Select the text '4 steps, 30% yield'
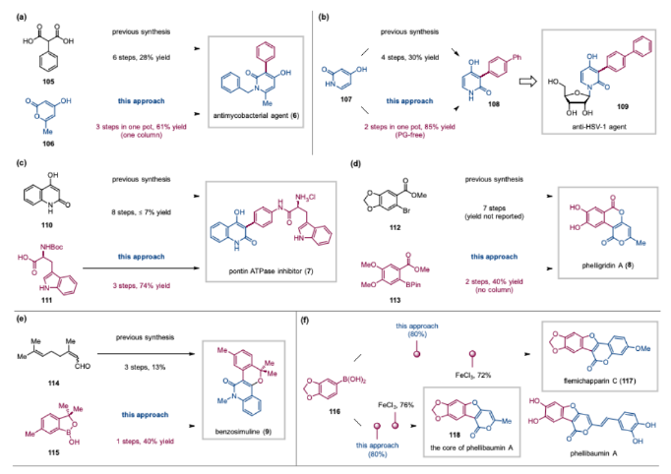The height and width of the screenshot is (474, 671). click(x=405, y=37)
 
